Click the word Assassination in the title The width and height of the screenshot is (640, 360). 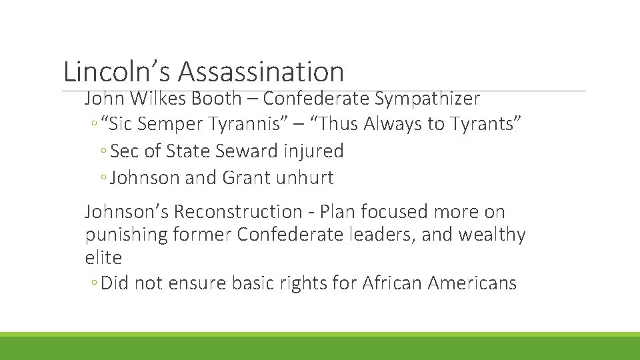[261, 71]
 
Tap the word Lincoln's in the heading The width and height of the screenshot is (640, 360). [117, 71]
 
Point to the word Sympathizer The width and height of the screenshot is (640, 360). [427, 99]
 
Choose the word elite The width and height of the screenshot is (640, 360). [103, 257]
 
